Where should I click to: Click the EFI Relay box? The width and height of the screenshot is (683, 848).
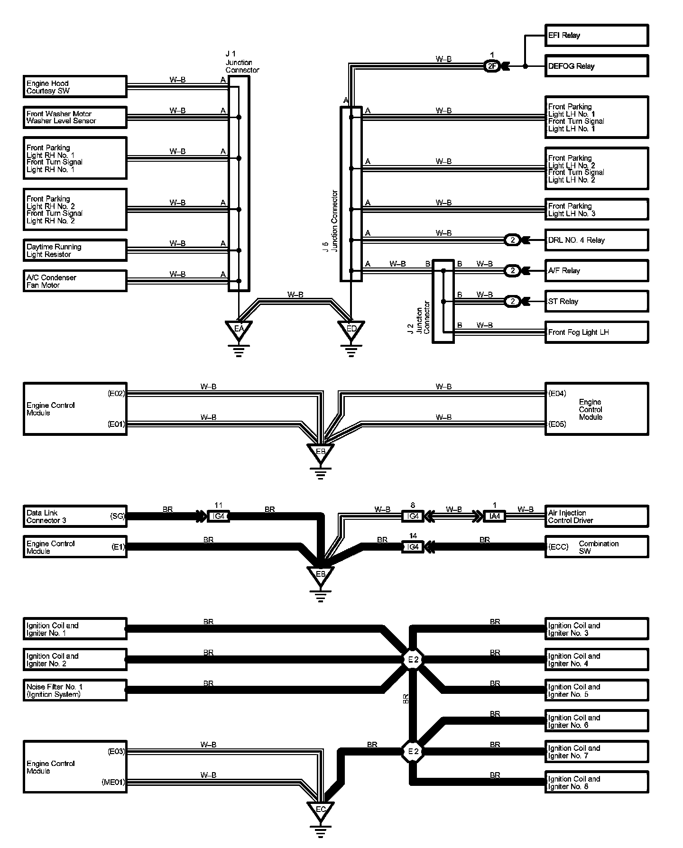596,36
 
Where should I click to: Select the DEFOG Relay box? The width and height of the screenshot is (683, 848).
596,66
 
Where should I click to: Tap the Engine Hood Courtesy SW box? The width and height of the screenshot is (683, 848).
75,87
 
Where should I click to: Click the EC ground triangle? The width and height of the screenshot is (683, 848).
321,810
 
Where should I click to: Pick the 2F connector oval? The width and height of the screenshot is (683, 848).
492,66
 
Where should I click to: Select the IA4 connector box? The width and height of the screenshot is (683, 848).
494,516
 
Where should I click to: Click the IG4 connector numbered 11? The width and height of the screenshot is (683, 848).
218,516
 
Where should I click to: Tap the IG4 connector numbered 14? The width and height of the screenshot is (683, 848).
413,547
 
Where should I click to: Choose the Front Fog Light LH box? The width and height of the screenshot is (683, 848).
596,332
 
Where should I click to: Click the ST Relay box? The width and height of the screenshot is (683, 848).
596,301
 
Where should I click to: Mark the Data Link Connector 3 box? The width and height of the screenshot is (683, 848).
75,516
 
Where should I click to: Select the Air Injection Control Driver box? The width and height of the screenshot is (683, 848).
596,516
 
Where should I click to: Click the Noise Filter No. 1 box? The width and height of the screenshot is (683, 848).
75,690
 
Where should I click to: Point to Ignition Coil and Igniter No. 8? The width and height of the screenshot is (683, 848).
596,783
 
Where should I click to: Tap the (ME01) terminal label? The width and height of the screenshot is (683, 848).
113,783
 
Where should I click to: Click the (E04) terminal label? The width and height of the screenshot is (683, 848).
557,393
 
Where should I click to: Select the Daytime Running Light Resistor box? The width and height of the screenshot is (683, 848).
75,250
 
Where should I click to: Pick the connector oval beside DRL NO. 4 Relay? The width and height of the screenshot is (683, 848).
512,240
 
